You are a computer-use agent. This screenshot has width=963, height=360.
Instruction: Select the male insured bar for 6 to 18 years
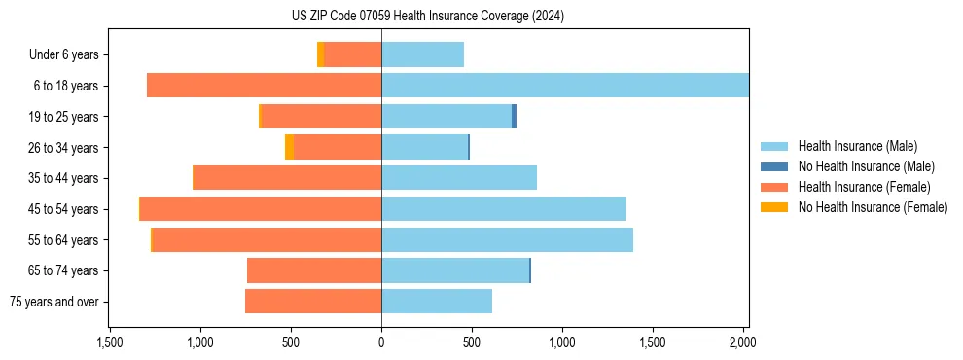point(564,86)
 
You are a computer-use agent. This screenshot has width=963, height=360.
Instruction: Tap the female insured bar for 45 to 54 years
point(261,209)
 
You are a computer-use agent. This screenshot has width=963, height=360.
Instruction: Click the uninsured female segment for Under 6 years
point(321,54)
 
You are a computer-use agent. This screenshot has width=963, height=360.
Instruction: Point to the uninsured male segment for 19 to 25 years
point(514,117)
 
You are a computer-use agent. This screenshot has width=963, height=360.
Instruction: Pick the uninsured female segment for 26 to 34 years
point(290,147)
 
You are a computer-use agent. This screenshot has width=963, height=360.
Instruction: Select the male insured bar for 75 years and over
point(437,302)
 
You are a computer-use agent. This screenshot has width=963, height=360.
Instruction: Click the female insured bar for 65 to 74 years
point(314,270)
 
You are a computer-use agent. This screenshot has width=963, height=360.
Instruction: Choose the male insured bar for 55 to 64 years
point(507,239)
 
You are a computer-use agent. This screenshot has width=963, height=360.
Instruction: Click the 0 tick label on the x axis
point(381,342)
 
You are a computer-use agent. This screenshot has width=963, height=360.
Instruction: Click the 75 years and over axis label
point(54,302)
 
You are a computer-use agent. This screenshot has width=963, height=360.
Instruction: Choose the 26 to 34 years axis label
point(63,148)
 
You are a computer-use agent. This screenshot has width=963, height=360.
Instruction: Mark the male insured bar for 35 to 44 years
point(459,178)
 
